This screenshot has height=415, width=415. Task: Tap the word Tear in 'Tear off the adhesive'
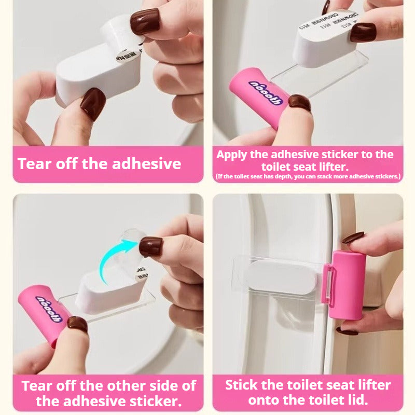[x=35, y=164]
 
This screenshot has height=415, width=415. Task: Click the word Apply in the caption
[x=233, y=155]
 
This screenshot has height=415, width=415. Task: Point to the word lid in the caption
[x=357, y=400]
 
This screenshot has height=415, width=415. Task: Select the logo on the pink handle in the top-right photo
[x=265, y=92]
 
